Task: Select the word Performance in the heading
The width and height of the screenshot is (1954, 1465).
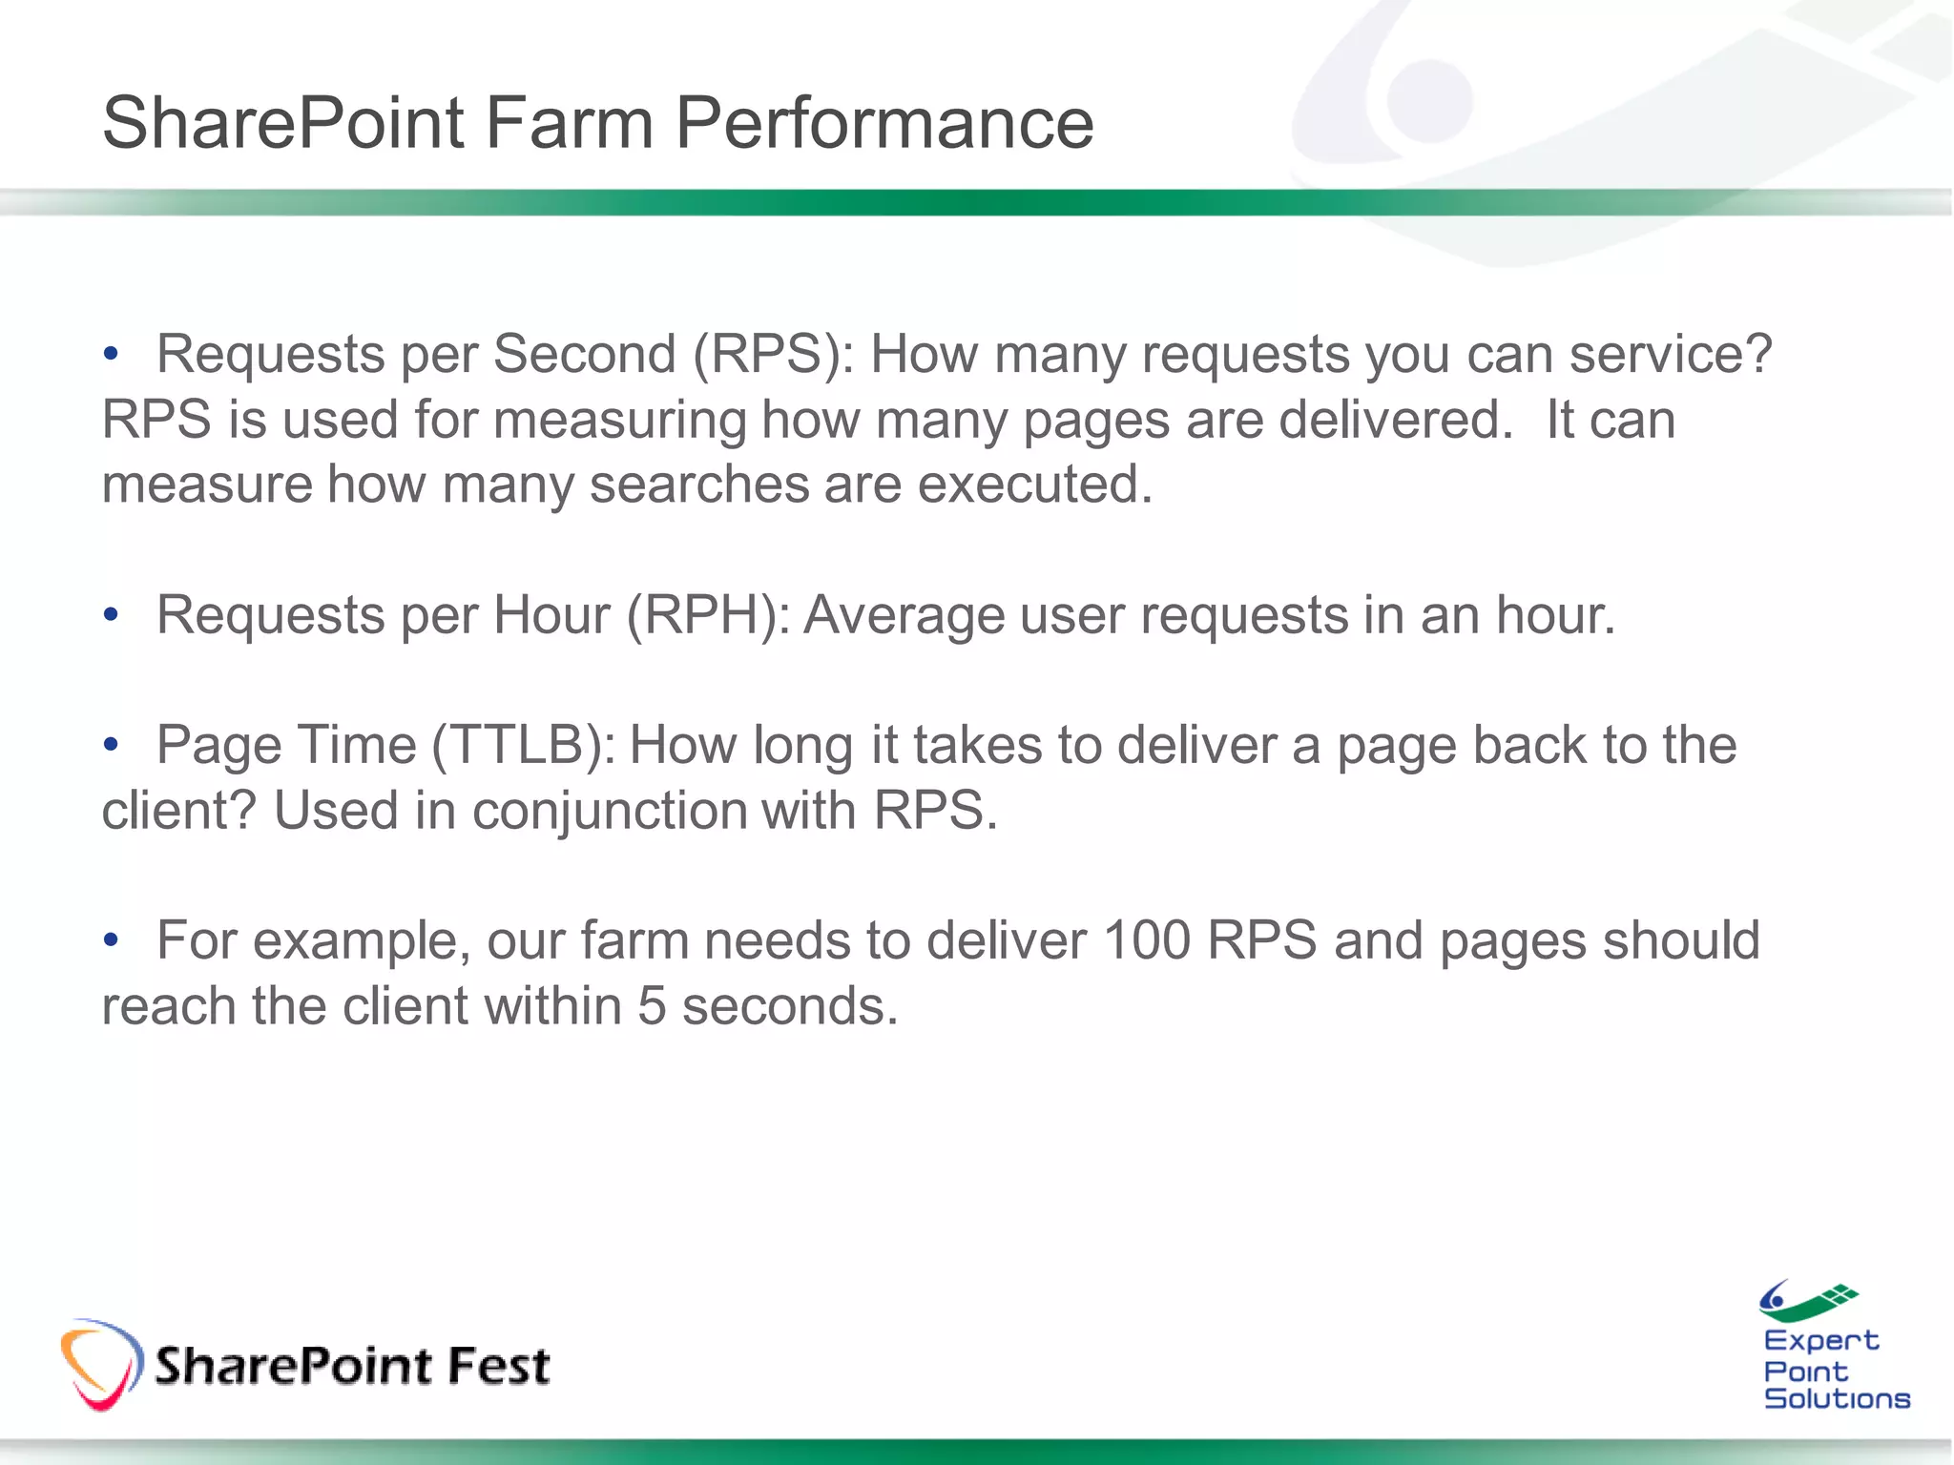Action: pyautogui.click(x=883, y=123)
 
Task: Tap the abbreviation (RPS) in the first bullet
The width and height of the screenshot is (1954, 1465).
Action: pyautogui.click(x=773, y=355)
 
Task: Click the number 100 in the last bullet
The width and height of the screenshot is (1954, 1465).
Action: pyautogui.click(x=1146, y=941)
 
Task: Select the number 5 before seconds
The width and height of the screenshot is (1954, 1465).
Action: pyautogui.click(x=652, y=1007)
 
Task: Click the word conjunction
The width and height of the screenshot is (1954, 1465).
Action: pyautogui.click(x=611, y=812)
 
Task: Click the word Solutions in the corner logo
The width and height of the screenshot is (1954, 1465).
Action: pyautogui.click(x=1837, y=1399)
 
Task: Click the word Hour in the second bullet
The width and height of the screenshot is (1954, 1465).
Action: pyautogui.click(x=551, y=615)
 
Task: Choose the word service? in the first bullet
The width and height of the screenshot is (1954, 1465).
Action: pyautogui.click(x=1670, y=355)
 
